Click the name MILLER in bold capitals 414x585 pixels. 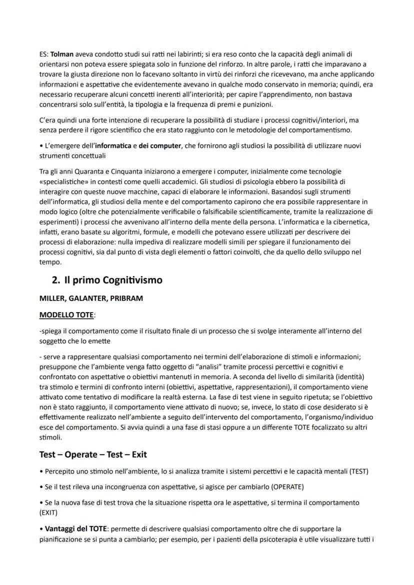pos(52,298)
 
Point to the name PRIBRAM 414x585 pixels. pos(125,298)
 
